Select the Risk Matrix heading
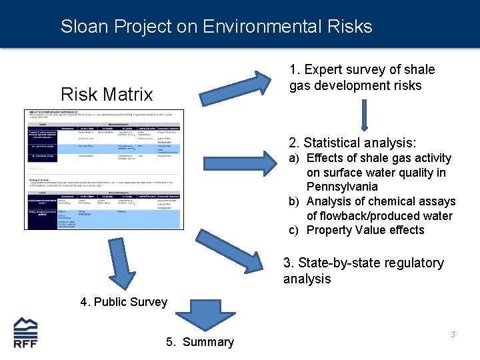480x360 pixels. tap(107, 95)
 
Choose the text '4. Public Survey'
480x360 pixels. tap(124, 302)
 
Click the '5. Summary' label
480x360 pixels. tap(200, 342)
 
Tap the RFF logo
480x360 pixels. tap(26, 333)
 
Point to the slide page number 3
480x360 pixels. tap(453, 334)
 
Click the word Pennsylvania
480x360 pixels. tap(342, 187)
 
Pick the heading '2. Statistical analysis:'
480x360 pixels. tap(352, 143)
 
